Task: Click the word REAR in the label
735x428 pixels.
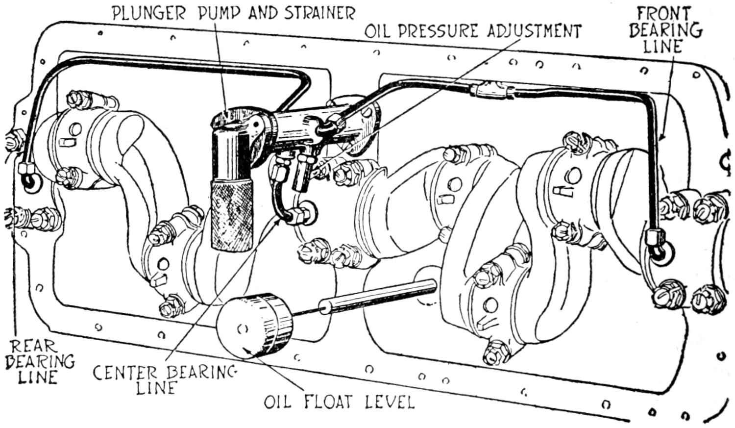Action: [33, 346]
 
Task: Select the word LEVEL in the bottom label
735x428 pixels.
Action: [390, 402]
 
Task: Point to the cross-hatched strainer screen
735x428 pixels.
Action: [232, 214]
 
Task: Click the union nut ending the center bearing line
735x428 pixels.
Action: [300, 215]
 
